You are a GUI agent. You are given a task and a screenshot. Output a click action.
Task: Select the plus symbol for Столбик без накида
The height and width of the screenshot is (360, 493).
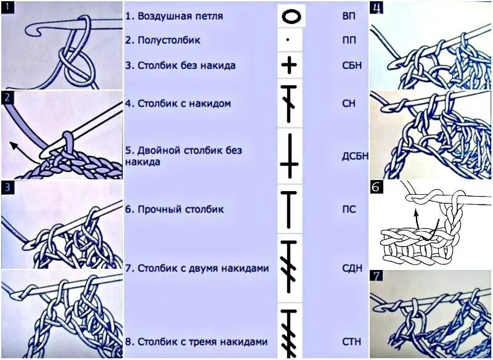click(289, 65)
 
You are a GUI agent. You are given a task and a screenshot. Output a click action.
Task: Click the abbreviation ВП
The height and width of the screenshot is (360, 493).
click(348, 15)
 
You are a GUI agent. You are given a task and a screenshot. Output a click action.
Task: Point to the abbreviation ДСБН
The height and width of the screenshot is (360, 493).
click(355, 155)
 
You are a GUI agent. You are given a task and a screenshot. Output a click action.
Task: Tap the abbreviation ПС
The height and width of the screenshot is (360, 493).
click(348, 209)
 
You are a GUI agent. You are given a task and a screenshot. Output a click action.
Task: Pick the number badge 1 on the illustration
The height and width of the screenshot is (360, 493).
click(7, 7)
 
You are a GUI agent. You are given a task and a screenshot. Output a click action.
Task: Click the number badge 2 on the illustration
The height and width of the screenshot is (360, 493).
click(7, 97)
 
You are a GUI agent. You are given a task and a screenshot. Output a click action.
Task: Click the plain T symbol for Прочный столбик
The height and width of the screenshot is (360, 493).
click(289, 210)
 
